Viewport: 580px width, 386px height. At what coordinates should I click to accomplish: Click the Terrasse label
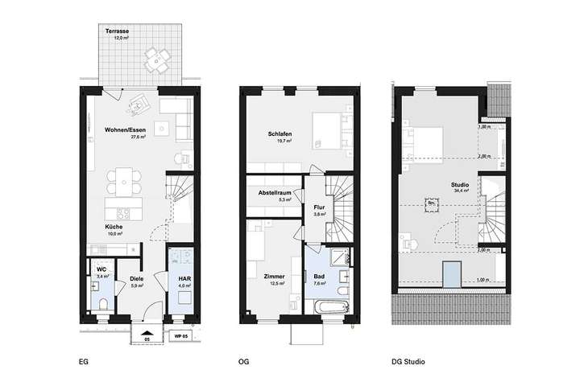(118, 31)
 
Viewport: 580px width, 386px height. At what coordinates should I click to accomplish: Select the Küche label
(113, 227)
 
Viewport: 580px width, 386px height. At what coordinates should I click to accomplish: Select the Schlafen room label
(280, 133)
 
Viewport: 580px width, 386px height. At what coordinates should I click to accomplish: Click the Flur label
(319, 207)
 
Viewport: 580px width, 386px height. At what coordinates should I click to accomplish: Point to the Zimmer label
(275, 276)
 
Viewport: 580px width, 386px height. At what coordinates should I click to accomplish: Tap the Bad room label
(319, 276)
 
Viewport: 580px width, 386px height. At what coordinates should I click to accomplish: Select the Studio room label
(461, 185)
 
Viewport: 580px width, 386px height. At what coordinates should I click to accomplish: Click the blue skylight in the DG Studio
(451, 273)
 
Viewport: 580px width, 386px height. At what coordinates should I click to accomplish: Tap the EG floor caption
(84, 361)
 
